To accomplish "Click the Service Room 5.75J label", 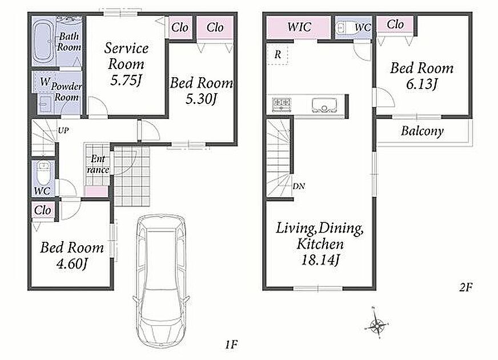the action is coord(126,64).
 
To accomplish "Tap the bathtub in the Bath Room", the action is coord(44,41).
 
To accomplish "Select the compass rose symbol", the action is coord(377,323).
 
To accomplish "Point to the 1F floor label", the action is coord(231,345).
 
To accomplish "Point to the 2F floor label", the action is coord(465,287).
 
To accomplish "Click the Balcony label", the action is coord(422,131).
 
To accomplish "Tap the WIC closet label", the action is coord(299,27).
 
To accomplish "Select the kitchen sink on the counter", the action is coord(324,105).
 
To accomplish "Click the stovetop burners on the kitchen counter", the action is coord(282,103).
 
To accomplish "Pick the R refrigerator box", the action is coord(278,55).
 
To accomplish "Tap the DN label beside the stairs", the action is coord(299,186).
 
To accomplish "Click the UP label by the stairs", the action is coord(63,130).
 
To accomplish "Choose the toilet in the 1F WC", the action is coord(43,174).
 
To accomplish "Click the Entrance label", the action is coord(98,164).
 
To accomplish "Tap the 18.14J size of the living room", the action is coord(320,260).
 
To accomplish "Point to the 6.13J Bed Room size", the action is coord(422,84).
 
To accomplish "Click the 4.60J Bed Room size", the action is coord(72,264).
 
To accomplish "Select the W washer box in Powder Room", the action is coord(45,82).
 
